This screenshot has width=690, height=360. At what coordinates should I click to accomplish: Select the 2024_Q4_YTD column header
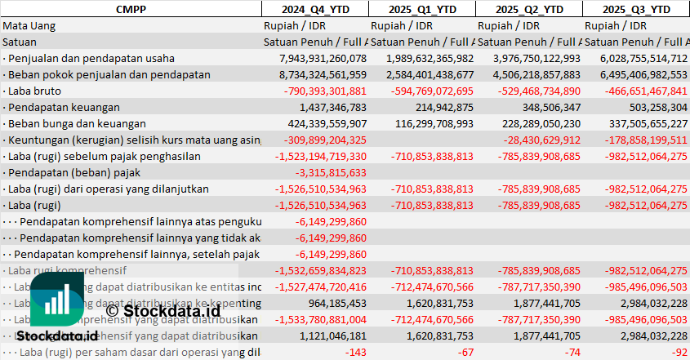(x=314, y=9)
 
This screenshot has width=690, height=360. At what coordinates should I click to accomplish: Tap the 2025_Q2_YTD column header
(x=528, y=9)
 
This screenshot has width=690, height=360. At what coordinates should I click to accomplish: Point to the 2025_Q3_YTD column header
(x=636, y=9)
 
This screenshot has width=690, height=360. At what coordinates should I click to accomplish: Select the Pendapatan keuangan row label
(x=61, y=107)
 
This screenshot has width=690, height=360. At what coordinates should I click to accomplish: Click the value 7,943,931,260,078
(x=323, y=58)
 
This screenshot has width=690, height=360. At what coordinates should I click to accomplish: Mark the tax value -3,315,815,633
(x=333, y=172)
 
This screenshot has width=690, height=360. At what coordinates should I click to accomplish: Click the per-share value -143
(x=356, y=352)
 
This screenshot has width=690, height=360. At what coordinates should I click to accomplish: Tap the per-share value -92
(x=679, y=352)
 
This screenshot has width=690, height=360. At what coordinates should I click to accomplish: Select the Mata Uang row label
(x=29, y=25)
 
